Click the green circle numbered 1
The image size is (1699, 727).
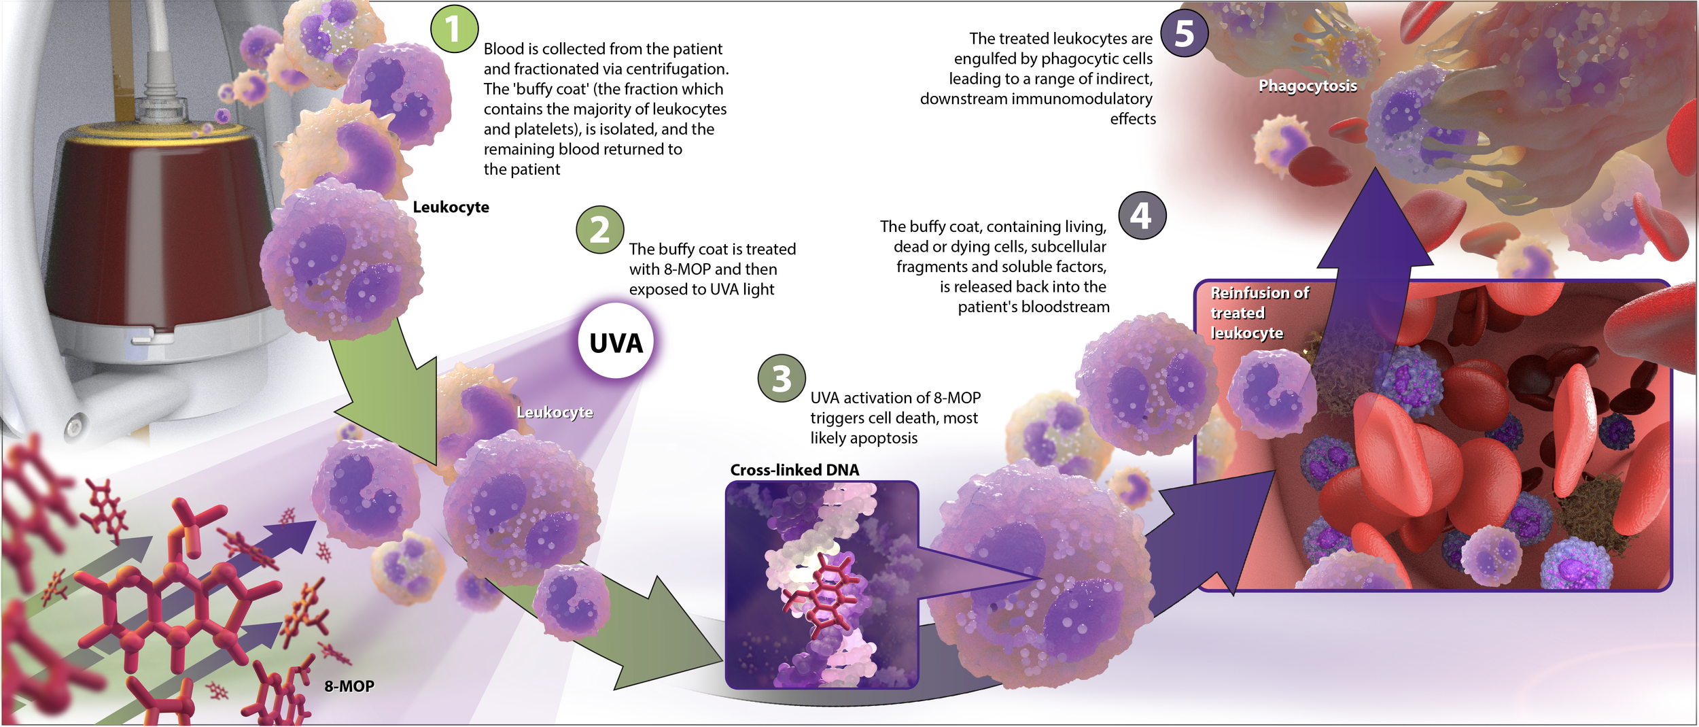[x=454, y=29]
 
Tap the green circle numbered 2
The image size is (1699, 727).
[x=599, y=230]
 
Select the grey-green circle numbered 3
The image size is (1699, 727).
[x=782, y=378]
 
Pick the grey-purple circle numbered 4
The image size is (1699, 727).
[x=1142, y=216]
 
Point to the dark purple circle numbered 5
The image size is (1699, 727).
[x=1184, y=33]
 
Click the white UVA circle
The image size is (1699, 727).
[x=616, y=342]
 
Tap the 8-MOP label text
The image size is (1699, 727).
[x=349, y=686]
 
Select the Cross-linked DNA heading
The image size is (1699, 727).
[x=794, y=470]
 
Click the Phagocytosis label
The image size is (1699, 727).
[x=1308, y=86]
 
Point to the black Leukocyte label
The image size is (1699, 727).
[x=451, y=207]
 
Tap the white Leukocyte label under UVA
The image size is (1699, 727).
[x=555, y=412]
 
